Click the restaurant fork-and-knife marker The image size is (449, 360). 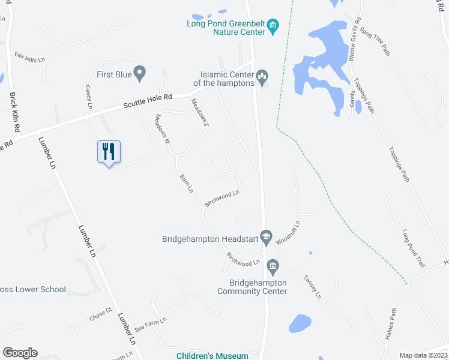point(109,152)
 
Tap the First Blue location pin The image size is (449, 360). point(140,74)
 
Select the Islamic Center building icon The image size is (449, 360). point(262,76)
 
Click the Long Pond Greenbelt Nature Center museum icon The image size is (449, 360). point(273,25)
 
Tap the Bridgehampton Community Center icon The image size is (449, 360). point(272,265)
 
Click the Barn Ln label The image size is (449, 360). point(186,182)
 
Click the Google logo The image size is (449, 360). point(20,353)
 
